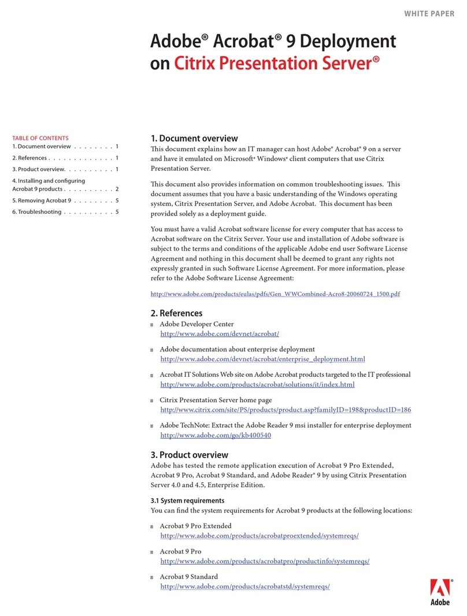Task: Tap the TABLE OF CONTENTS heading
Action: point(40,138)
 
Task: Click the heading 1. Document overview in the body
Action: point(194,138)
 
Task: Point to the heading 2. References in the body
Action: point(176,313)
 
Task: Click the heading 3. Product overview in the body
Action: point(189,455)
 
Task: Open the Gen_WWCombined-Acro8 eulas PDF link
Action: point(275,294)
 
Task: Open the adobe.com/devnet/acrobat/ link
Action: point(220,334)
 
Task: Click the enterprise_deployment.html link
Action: point(262,359)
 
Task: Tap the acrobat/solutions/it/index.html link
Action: point(257,384)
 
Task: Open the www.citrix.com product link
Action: point(286,410)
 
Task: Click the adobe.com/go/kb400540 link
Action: point(216,435)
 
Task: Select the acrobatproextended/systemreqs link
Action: point(260,536)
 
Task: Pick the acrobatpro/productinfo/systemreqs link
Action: point(265,561)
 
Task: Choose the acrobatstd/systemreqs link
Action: point(245,587)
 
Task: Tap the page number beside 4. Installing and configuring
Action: point(117,189)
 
